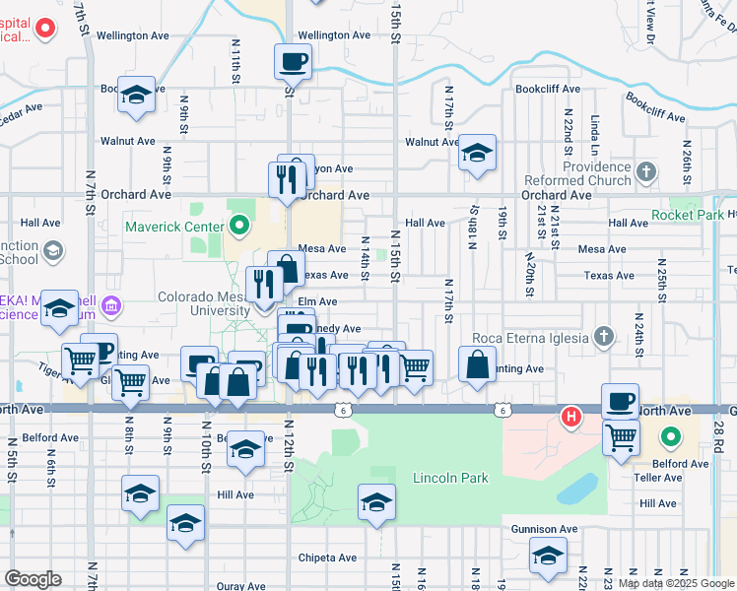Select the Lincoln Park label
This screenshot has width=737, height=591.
point(449,479)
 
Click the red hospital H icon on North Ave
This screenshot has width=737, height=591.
point(569,416)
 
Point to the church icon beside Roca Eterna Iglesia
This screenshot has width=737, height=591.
point(605,338)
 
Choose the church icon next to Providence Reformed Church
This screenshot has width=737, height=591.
point(645,173)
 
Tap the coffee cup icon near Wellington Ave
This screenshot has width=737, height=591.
point(293,63)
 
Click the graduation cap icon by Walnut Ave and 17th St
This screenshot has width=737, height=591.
point(477,153)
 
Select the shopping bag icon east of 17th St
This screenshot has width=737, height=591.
point(477,363)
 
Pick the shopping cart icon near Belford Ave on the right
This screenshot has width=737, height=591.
point(621,436)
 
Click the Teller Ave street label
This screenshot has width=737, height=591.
point(659,478)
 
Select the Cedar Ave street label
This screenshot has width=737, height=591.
point(22,108)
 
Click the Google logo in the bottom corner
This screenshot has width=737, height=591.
point(33,578)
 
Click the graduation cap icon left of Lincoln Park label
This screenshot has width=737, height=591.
point(375,502)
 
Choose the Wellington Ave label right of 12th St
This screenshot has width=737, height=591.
point(334,34)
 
